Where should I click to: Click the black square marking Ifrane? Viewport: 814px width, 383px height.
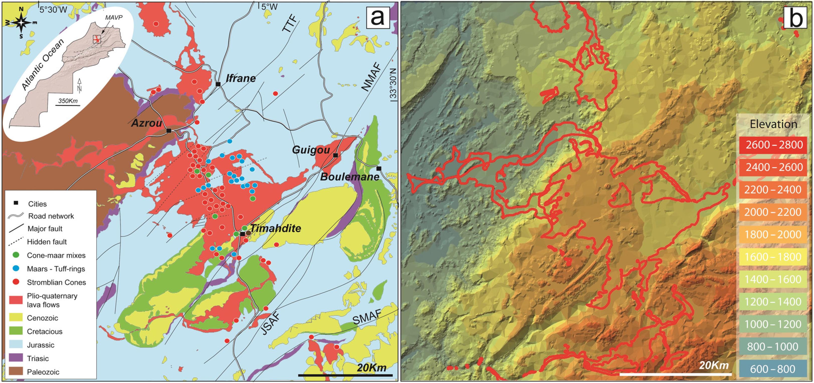[218, 84]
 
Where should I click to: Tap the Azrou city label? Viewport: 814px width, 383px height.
[147, 123]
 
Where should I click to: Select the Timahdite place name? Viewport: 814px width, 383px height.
[275, 228]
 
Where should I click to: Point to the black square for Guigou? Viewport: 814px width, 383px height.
[336, 155]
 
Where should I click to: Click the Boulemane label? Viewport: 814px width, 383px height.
[350, 177]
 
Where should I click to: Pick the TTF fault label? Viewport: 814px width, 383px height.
[290, 24]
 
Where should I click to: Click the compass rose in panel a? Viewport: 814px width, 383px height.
[21, 23]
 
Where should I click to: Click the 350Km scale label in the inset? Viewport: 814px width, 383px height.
[68, 101]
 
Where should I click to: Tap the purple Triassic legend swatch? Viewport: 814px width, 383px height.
[16, 358]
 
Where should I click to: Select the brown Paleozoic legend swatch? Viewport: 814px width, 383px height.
[16, 372]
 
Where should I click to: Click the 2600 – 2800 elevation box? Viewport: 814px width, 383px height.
[773, 145]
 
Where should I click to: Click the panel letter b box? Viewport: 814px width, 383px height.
[796, 18]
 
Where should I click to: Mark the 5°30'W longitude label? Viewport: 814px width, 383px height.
[53, 10]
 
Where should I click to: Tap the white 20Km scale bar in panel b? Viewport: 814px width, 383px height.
[676, 374]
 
